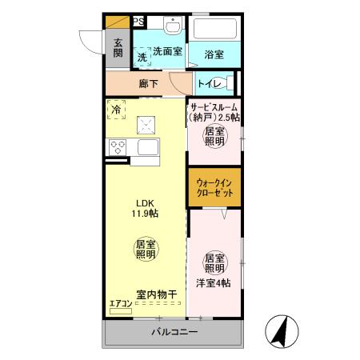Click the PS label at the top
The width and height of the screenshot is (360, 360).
pyautogui.click(x=138, y=22)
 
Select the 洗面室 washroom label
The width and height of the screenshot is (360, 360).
pyautogui.click(x=168, y=50)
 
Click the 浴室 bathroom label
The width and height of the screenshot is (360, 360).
pyautogui.click(x=213, y=54)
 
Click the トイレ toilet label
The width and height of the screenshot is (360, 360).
pyautogui.click(x=209, y=82)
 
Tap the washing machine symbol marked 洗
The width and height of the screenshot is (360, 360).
pyautogui.click(x=142, y=57)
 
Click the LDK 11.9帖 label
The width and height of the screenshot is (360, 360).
pyautogui.click(x=144, y=209)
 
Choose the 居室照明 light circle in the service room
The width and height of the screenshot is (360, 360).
pyautogui.click(x=214, y=137)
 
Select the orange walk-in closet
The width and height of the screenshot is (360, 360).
pyautogui.click(x=214, y=188)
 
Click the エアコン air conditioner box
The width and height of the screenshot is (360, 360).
pyautogui.click(x=120, y=310)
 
